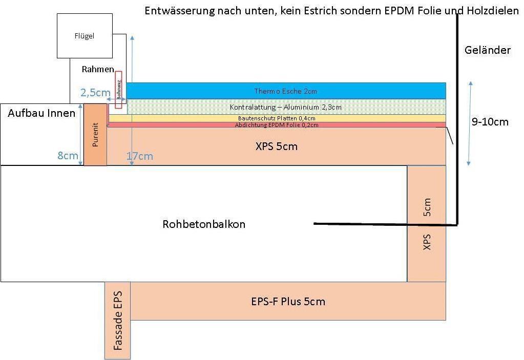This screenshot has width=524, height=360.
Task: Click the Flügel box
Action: coord(85,36)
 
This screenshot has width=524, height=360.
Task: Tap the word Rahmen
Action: coord(98,69)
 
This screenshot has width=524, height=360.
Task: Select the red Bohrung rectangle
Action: coord(119,90)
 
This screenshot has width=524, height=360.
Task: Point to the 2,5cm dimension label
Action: coord(95,93)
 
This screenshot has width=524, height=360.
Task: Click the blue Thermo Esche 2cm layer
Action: coord(286,91)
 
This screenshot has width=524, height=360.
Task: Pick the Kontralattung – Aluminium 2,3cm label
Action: coord(286,107)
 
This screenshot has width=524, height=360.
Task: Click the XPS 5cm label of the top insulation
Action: coord(277,146)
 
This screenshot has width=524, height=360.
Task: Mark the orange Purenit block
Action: coord(95,135)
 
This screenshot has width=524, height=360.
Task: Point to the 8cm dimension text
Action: coord(68,155)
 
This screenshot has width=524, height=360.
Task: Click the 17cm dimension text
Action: coord(140,156)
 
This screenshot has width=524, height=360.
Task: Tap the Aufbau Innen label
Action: coord(41,113)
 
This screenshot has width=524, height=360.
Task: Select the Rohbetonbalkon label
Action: coord(204,224)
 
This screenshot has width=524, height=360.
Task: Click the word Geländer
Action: coord(488,50)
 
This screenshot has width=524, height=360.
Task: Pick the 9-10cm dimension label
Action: coord(490,121)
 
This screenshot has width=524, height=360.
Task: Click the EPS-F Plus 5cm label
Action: coord(288,302)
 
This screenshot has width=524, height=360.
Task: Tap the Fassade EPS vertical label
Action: coord(118,321)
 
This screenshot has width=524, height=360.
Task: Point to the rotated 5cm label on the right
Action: coord(427,207)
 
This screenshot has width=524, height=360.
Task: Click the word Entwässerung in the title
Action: coord(180,11)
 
